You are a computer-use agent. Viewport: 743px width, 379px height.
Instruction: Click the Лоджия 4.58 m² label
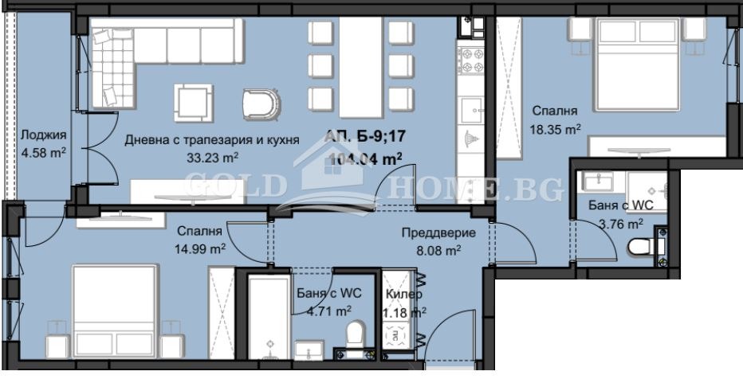pos(43,143)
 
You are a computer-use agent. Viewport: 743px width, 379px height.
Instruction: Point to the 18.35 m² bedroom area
pos(555,127)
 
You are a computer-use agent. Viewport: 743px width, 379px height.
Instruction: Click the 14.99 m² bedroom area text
pos(201,248)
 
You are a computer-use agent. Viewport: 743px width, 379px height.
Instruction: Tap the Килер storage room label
pos(403,294)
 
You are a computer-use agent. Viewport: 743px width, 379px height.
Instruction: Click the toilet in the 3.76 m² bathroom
pos(642,248)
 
